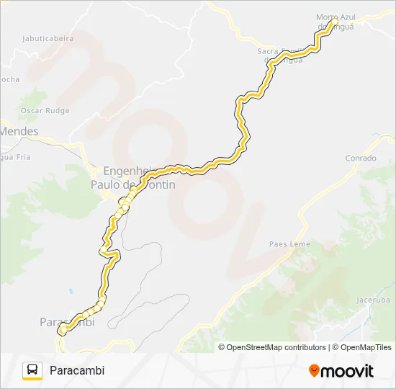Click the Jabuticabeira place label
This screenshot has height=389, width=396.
(x=48, y=39)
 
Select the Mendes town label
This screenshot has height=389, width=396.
(x=19, y=132)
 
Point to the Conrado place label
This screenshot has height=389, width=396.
(x=361, y=158)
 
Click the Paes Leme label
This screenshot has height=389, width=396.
(x=289, y=244)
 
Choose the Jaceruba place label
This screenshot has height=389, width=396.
(x=373, y=299)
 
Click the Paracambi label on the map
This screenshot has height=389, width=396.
(x=67, y=322)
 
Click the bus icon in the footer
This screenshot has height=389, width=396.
(x=32, y=370)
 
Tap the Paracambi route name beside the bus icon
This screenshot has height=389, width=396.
(x=77, y=370)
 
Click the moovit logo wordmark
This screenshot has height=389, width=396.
(x=348, y=371)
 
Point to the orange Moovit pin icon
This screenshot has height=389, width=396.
(x=314, y=371)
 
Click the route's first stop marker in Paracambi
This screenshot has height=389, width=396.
(x=63, y=329)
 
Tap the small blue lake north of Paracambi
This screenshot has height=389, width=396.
(x=71, y=291)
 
